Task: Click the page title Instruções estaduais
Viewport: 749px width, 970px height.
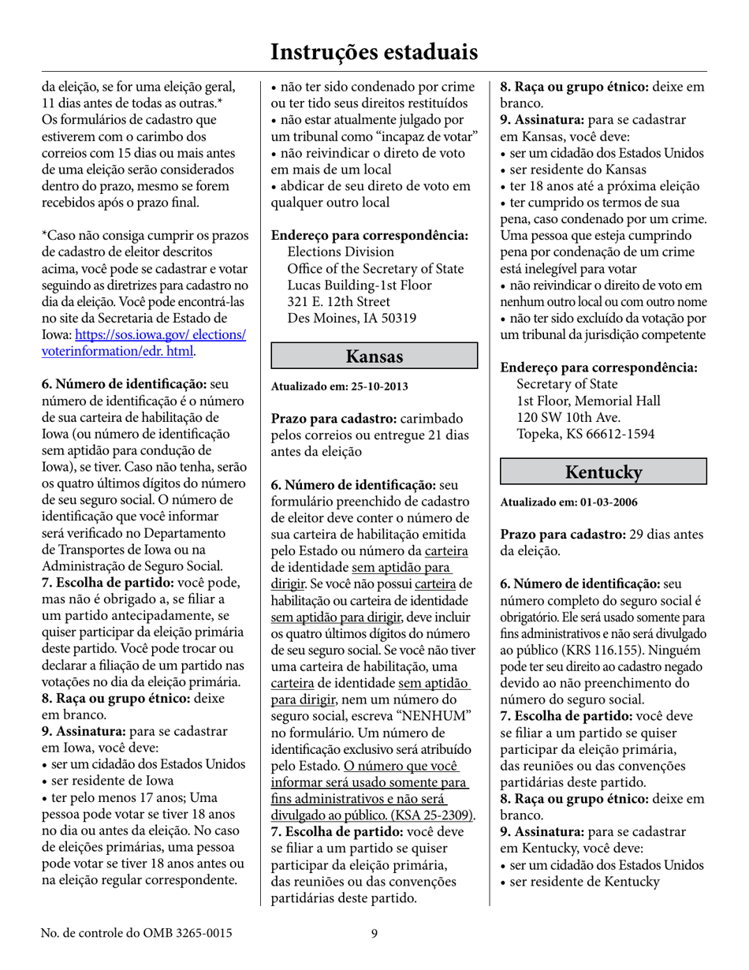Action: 374,52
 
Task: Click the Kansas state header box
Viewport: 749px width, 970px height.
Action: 374,356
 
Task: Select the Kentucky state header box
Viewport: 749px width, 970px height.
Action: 604,472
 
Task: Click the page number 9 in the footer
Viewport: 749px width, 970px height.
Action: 374,934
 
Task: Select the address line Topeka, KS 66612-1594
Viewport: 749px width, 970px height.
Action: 585,434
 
